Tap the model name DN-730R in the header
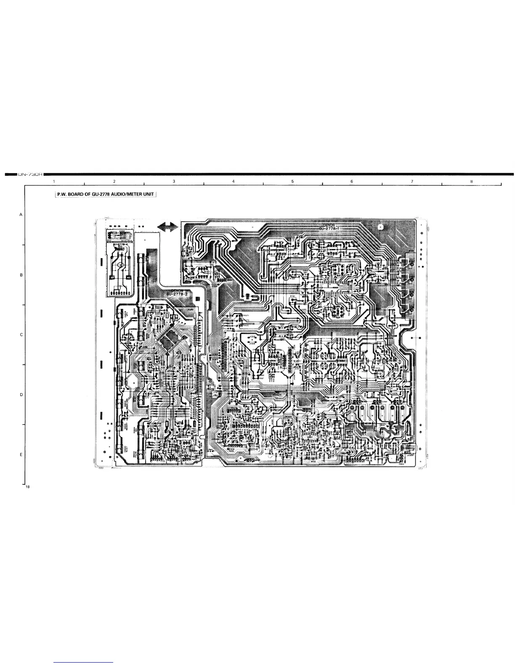[29, 174]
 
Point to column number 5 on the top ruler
[292, 181]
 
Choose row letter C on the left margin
[21, 335]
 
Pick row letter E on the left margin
[21, 455]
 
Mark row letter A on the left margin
[21, 214]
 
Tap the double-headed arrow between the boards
[167, 227]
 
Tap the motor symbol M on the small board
[120, 265]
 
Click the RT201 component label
[292, 296]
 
